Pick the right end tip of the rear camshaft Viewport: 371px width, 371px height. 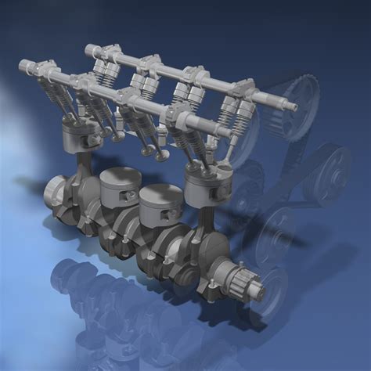coord(295,104)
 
